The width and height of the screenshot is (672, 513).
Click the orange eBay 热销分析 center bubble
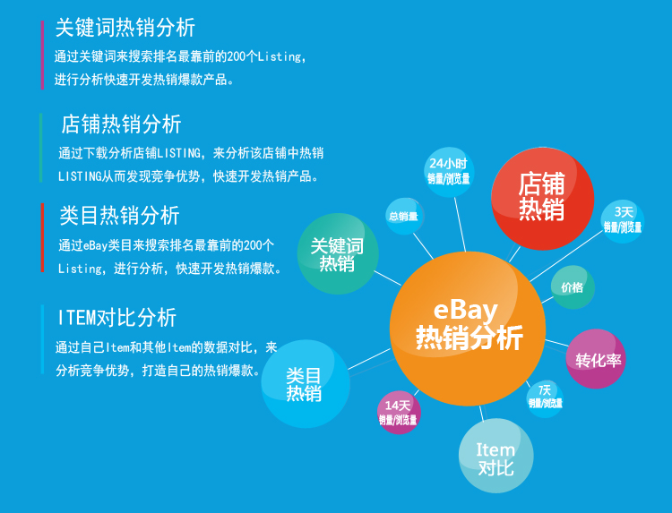(x=468, y=329)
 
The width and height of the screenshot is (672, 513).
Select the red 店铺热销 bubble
(x=543, y=199)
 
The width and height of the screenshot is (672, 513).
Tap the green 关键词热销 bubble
(x=338, y=254)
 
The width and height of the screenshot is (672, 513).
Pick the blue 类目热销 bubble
(x=306, y=384)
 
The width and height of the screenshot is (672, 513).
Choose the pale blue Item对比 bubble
(x=496, y=456)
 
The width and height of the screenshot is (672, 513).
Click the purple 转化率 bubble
(x=596, y=359)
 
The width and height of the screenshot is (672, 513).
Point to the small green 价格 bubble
(x=573, y=287)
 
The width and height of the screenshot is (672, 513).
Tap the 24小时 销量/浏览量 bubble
(x=449, y=172)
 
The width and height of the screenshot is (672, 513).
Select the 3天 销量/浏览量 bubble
(x=623, y=221)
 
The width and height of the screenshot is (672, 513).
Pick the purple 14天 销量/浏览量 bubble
(x=399, y=413)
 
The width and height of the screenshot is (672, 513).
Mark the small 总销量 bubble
(x=405, y=217)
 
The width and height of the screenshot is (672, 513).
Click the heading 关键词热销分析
(x=125, y=28)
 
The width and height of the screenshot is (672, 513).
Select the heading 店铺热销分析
(x=121, y=124)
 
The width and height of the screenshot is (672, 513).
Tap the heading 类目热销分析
(x=119, y=215)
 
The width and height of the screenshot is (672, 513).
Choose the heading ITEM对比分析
(x=117, y=317)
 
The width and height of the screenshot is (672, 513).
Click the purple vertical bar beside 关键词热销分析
(x=42, y=55)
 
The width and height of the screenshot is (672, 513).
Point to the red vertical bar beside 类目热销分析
(x=42, y=237)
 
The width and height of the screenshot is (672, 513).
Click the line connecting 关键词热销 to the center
(x=388, y=278)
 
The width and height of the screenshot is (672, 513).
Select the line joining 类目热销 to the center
(x=369, y=359)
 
